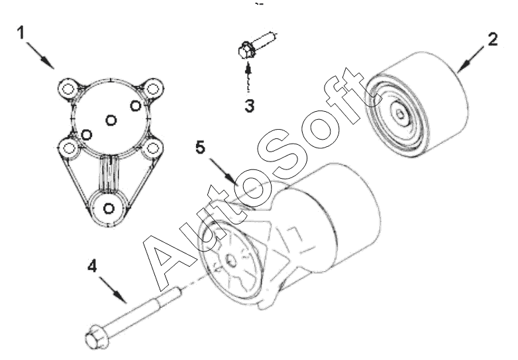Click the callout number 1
[x=21, y=33]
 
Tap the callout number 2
[x=492, y=40]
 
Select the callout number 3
[x=250, y=107]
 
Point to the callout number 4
[x=92, y=266]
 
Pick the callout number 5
[x=200, y=147]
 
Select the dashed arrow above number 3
[x=248, y=78]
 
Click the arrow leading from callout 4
[x=113, y=289]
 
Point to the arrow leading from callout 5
[x=224, y=171]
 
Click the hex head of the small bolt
[x=246, y=50]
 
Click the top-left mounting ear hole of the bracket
[x=68, y=89]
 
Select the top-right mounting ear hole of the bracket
[x=152, y=89]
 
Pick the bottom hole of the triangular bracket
[x=109, y=208]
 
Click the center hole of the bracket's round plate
[x=111, y=120]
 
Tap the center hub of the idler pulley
[x=399, y=114]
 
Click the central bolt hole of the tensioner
[x=232, y=261]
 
